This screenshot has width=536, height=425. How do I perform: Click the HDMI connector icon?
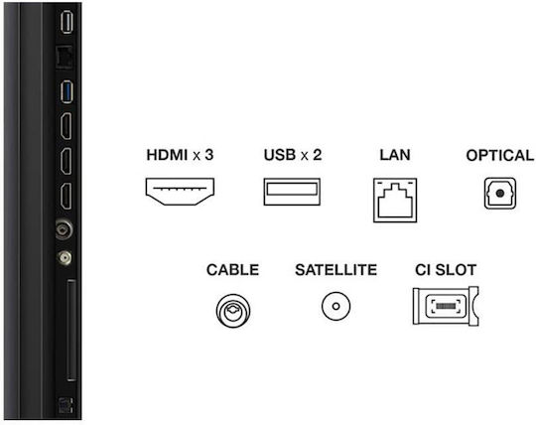(x=180, y=192)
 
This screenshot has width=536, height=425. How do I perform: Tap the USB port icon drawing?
(x=292, y=192)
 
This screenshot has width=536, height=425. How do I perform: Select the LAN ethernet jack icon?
(x=395, y=200)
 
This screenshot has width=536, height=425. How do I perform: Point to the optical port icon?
(x=499, y=194)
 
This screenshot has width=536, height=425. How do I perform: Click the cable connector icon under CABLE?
(x=233, y=310)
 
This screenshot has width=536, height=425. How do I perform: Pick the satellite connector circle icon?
(x=335, y=306)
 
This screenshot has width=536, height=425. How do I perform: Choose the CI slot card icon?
(x=446, y=306)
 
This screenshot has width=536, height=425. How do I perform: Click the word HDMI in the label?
(x=167, y=155)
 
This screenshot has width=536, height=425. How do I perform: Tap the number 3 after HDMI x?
(x=208, y=155)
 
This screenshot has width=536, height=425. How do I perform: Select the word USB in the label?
(x=280, y=155)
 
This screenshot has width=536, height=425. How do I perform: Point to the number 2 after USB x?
(x=317, y=155)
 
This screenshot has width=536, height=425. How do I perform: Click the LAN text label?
(x=395, y=155)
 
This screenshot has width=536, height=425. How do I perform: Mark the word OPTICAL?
(x=499, y=156)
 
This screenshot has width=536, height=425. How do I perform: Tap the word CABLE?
(x=232, y=270)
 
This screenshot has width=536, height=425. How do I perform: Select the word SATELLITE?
(x=336, y=270)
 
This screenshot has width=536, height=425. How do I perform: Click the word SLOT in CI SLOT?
(x=456, y=270)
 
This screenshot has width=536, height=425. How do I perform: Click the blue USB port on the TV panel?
(x=67, y=91)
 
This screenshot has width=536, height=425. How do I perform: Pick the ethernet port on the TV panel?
(x=64, y=57)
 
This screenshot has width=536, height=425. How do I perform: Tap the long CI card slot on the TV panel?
(x=71, y=330)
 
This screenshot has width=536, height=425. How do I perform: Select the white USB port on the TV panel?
(x=67, y=22)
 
